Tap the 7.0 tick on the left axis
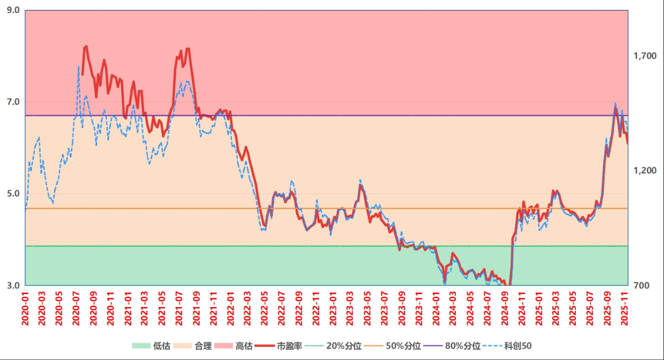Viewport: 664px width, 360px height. [x=13, y=102]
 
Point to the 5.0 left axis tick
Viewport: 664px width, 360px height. [x=13, y=194]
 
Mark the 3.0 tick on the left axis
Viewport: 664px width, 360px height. [x=13, y=285]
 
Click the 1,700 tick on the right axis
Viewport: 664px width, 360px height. [x=645, y=56]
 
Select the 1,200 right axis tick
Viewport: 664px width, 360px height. [x=645, y=171]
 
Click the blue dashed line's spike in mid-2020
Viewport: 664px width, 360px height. [x=78, y=66]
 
